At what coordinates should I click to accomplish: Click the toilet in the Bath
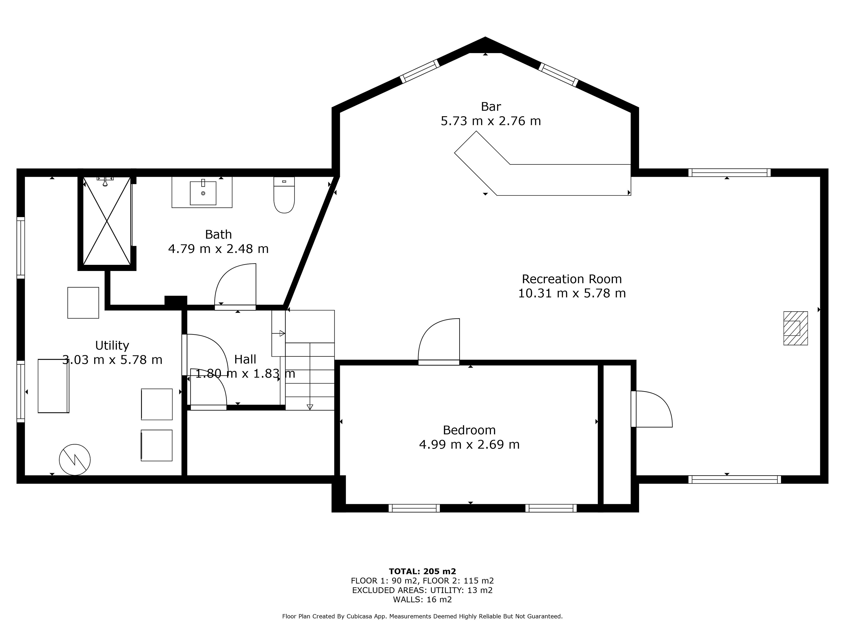click(284, 195)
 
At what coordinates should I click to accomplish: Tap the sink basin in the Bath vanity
click(203, 193)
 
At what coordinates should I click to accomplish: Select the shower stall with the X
click(107, 221)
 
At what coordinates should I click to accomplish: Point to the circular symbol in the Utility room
click(75, 460)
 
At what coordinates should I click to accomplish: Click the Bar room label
click(491, 106)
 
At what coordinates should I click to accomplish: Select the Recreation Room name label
click(572, 279)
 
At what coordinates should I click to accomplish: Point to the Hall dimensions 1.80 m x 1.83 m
click(245, 373)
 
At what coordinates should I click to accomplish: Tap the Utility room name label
click(112, 345)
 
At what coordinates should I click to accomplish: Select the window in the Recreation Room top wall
click(729, 172)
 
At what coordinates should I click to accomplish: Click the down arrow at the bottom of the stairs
click(310, 407)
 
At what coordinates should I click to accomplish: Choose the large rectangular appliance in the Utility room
click(53, 386)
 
